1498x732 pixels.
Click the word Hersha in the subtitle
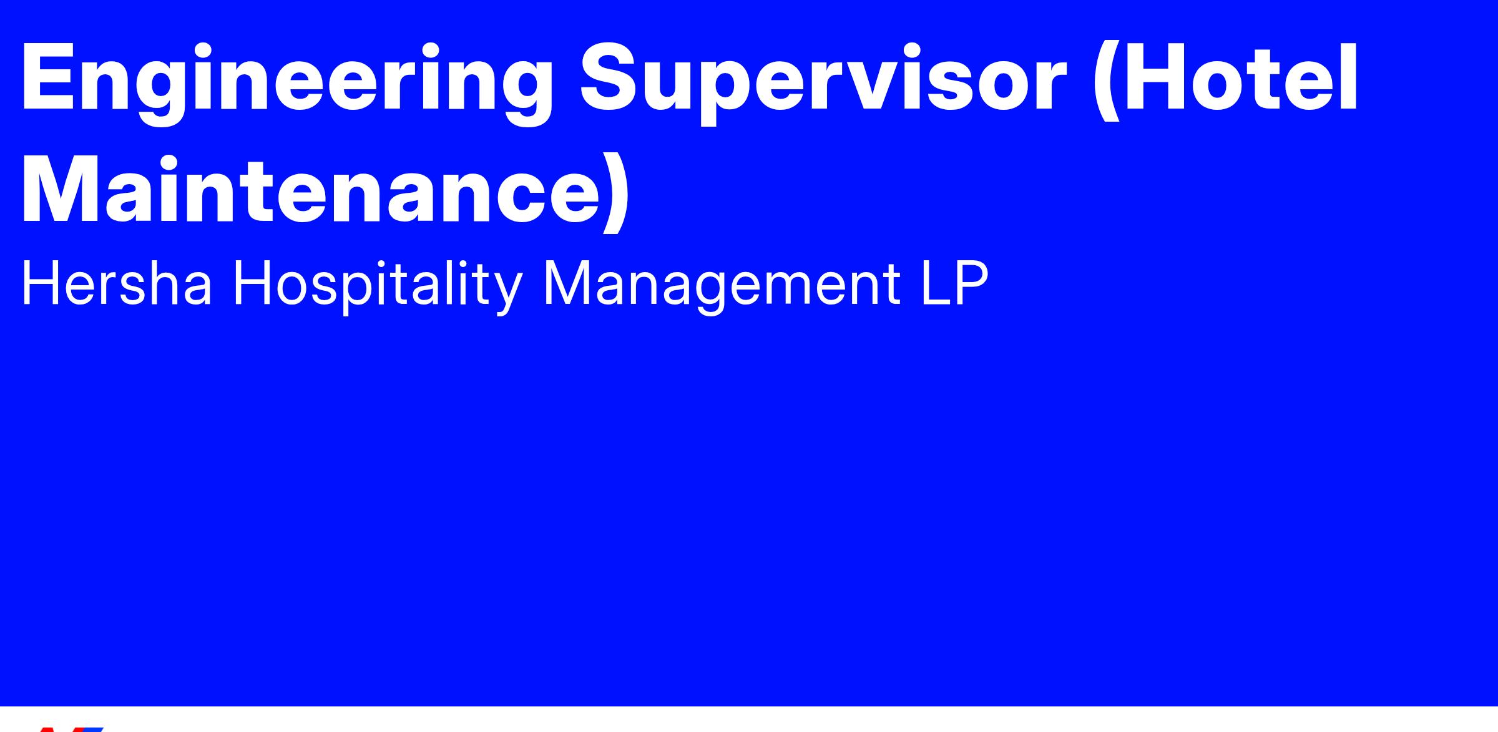click(x=117, y=284)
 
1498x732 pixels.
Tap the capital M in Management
click(x=567, y=283)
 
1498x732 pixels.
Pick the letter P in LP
click(x=972, y=283)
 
